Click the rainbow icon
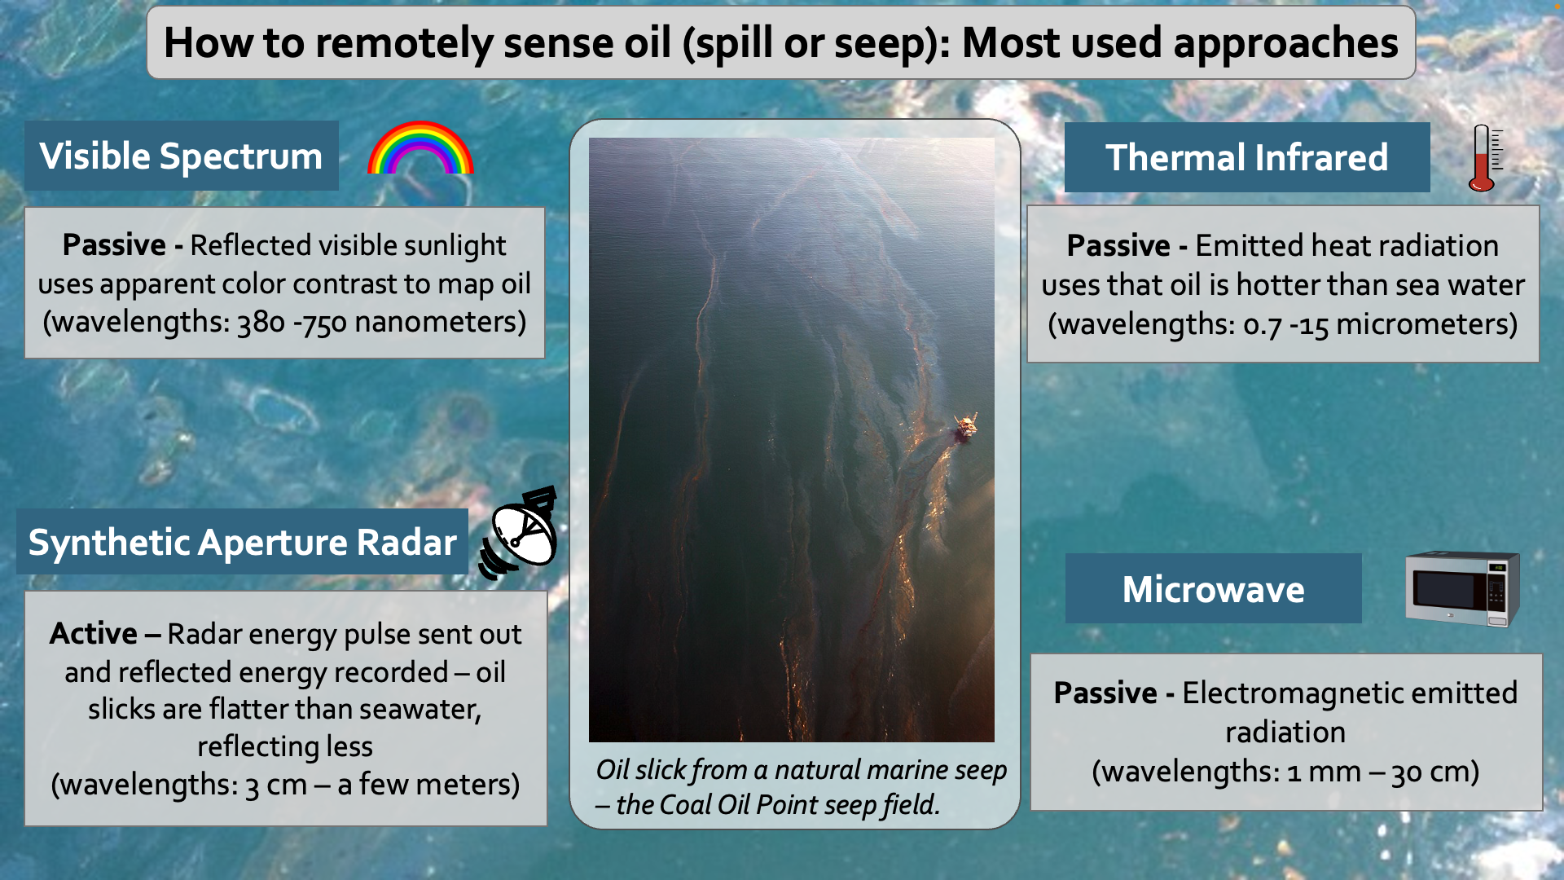coord(420,136)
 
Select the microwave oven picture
coord(1463,588)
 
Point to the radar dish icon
coord(519,534)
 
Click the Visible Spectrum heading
coord(181,156)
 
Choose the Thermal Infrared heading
coord(1246,158)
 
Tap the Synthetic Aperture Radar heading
coord(242,543)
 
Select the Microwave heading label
coord(1213,589)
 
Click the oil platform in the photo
coord(965,426)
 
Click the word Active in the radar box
coord(93,634)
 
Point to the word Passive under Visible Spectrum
coord(114,245)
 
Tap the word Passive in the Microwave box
coord(1105,693)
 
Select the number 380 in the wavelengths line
coord(261,323)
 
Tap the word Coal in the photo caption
coord(685,805)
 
